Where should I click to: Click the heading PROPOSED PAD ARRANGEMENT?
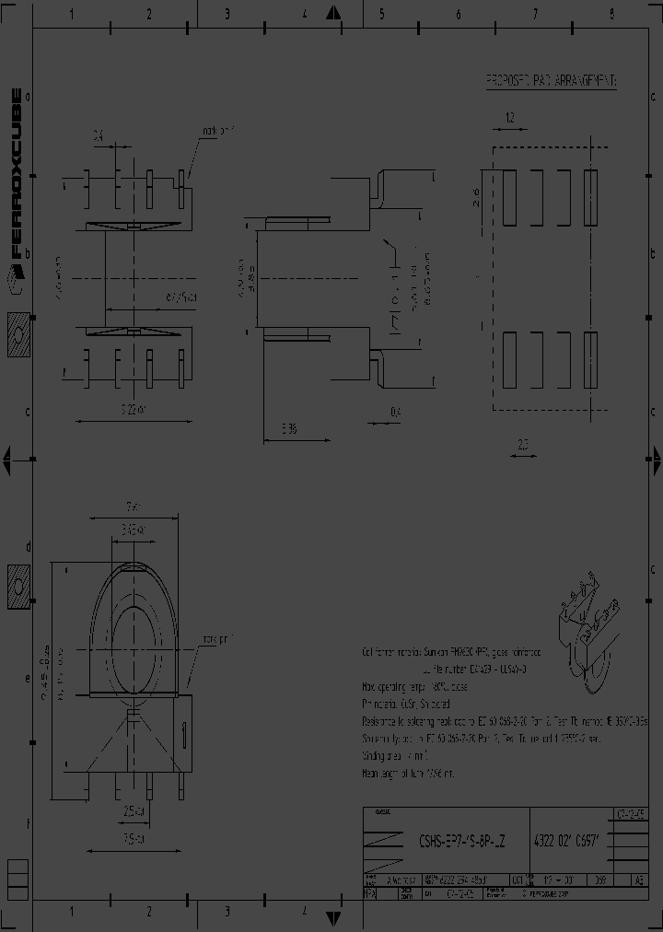pos(551,81)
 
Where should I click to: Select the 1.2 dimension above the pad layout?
pos(509,117)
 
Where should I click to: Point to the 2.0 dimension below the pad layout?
pos(523,444)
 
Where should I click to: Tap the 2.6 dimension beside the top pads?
pos(477,197)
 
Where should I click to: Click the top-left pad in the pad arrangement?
pos(510,196)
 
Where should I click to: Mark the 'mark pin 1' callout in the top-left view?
pos(218,132)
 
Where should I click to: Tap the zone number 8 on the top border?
pos(611,13)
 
